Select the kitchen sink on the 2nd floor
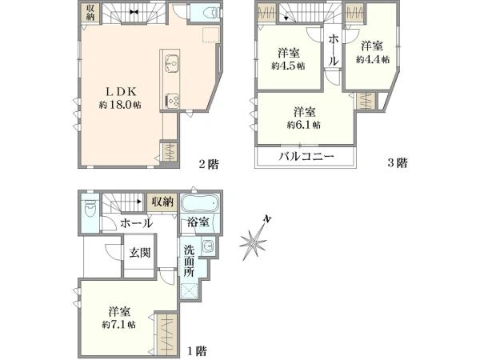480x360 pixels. point(171,62)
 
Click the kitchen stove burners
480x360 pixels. point(171,99)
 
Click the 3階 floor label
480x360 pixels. point(398,163)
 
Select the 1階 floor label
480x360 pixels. point(198,350)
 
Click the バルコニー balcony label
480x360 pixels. point(294,157)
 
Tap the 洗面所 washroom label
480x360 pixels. point(188,261)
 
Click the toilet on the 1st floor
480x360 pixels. point(88,212)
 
